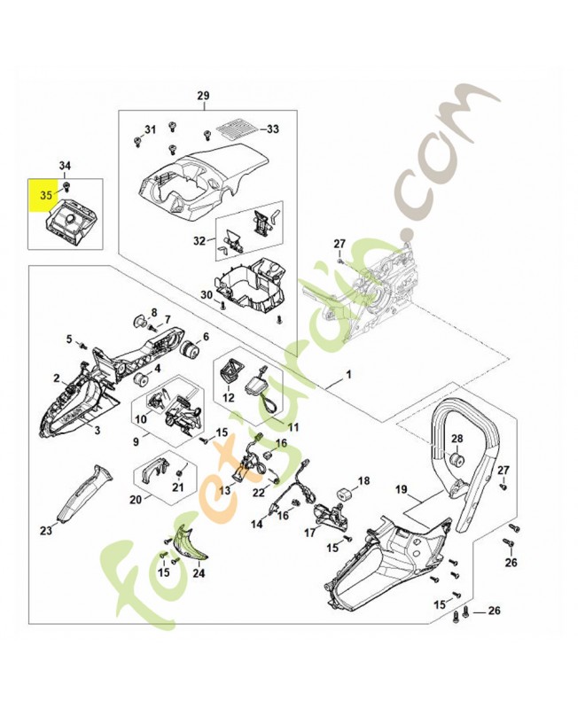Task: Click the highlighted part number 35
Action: [x=46, y=195]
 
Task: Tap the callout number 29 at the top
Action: [x=204, y=96]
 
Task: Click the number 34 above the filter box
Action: [x=66, y=168]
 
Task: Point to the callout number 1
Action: [x=348, y=374]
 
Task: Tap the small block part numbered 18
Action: [x=345, y=494]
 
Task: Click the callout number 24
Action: [x=199, y=573]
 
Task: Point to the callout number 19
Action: [x=402, y=490]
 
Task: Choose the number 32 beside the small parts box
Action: [x=199, y=240]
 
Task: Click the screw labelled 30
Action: [x=223, y=305]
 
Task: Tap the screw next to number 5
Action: [x=82, y=346]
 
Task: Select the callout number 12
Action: [x=229, y=397]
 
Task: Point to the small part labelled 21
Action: [x=179, y=472]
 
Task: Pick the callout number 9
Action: [x=137, y=441]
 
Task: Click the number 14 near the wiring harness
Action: [x=257, y=524]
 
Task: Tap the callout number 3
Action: [x=97, y=430]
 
